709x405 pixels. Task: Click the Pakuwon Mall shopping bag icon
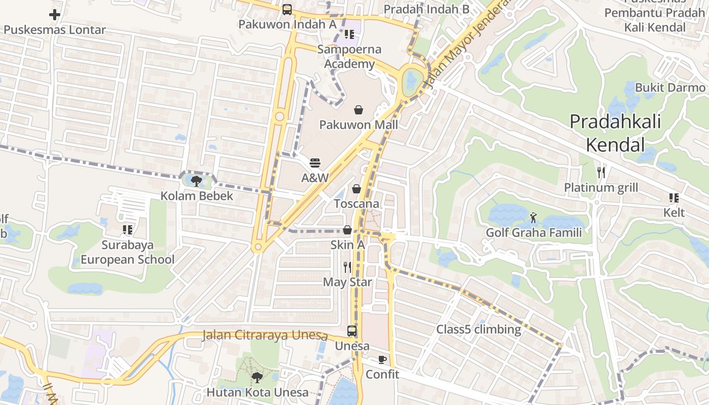(x=359, y=109)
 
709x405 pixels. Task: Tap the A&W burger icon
(x=315, y=163)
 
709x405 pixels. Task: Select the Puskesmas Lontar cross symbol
(x=55, y=15)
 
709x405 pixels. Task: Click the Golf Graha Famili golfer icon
(x=533, y=218)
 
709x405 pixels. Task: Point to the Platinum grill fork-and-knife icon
(x=601, y=173)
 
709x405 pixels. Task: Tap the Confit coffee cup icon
(x=382, y=360)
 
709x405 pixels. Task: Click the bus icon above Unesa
(x=352, y=332)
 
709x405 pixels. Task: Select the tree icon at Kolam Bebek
(x=197, y=181)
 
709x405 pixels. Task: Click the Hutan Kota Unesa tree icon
(x=257, y=377)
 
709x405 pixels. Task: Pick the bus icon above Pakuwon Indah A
(x=287, y=9)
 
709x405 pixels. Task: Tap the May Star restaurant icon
(x=347, y=267)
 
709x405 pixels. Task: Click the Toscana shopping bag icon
(x=357, y=189)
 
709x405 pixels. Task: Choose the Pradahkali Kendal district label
(x=615, y=133)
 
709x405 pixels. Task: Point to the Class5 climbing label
(x=479, y=330)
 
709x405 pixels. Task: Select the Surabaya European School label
(x=127, y=252)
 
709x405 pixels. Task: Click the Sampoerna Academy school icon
(x=349, y=34)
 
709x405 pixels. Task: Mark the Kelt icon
(x=674, y=198)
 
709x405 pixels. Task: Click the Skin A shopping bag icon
(x=347, y=230)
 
